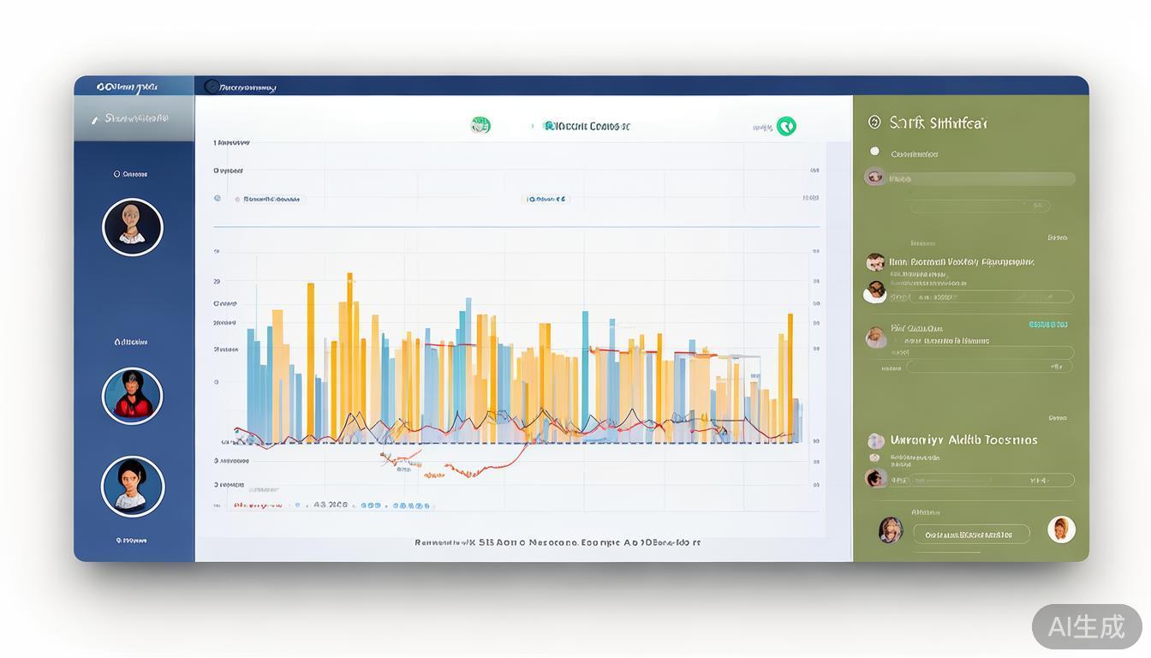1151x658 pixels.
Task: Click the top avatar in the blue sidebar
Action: point(132,227)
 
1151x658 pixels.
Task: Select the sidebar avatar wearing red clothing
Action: point(132,396)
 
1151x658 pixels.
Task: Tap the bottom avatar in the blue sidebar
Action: point(132,486)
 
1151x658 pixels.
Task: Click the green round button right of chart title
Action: point(786,127)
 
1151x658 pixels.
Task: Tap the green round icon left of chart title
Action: point(480,126)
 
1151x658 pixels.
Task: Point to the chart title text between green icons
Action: point(587,127)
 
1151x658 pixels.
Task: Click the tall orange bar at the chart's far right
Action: point(790,377)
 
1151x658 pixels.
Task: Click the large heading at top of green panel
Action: point(938,123)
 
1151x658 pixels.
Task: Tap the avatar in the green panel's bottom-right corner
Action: point(1061,529)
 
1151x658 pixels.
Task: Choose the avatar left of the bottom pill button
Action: point(891,530)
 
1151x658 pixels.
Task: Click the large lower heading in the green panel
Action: point(963,440)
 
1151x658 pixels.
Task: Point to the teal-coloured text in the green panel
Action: point(1047,325)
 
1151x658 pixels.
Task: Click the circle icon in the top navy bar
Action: point(212,86)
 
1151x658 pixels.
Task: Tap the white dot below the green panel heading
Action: point(874,152)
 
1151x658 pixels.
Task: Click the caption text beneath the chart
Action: point(558,542)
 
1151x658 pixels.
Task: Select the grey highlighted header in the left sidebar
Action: point(134,119)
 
